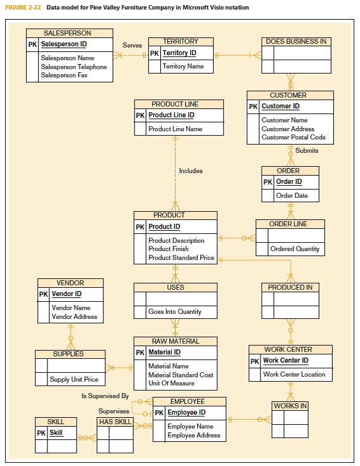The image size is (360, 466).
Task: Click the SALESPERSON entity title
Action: tap(67, 33)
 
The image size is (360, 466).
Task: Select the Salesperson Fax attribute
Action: tap(64, 75)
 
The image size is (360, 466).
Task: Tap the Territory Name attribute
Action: tap(183, 67)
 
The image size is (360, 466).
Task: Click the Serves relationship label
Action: tap(132, 46)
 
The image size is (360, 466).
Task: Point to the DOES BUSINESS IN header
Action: tap(296, 41)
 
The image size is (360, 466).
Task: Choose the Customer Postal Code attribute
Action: tap(293, 138)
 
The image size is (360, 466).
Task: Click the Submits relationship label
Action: tap(307, 151)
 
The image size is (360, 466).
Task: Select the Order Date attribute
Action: tap(292, 196)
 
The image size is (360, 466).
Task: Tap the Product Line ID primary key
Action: tap(171, 115)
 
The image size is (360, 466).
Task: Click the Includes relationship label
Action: tap(191, 171)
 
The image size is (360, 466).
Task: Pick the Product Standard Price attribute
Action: tap(181, 258)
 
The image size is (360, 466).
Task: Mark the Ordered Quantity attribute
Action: tap(295, 249)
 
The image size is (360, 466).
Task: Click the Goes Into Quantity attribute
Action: tap(175, 312)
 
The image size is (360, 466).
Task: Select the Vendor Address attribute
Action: tap(74, 316)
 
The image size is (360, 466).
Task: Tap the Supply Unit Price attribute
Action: tap(74, 380)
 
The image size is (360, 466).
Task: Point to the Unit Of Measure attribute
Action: tap(171, 384)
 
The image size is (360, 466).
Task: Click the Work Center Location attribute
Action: tap(294, 375)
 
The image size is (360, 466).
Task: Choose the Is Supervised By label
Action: tap(105, 396)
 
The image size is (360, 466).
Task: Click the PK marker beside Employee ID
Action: tap(159, 413)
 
